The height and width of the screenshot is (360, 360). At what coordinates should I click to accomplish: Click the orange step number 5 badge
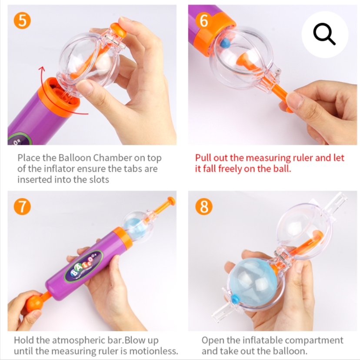pyautogui.click(x=22, y=21)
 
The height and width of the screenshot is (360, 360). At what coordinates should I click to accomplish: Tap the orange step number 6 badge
pyautogui.click(x=203, y=21)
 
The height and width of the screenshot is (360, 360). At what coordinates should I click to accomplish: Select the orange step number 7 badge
pyautogui.click(x=22, y=207)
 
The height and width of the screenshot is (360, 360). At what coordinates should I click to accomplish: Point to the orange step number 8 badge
pyautogui.click(x=203, y=207)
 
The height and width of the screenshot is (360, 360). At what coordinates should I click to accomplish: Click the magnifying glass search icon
pyautogui.click(x=324, y=34)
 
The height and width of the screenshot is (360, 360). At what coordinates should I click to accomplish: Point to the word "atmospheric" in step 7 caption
pyautogui.click(x=80, y=340)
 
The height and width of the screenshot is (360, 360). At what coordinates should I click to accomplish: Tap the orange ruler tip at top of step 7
pyautogui.click(x=171, y=201)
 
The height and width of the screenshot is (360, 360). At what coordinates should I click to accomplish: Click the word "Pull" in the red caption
pyautogui.click(x=203, y=158)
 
